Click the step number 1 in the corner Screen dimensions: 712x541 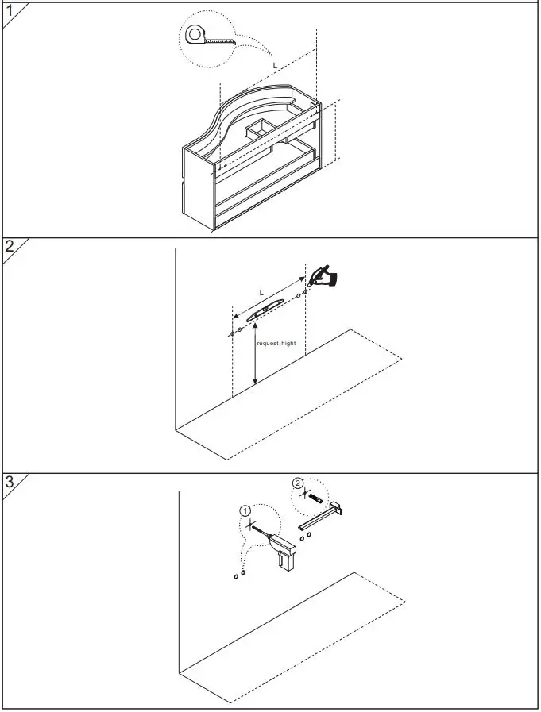[9, 10]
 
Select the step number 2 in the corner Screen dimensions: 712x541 [10, 246]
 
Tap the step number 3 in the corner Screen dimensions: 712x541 [9, 481]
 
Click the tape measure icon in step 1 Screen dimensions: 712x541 [197, 35]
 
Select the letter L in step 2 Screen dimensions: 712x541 [261, 293]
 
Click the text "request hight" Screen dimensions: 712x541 [277, 344]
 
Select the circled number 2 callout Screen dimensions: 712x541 [297, 483]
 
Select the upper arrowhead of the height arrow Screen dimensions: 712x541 [254, 333]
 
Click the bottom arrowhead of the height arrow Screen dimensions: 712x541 [254, 383]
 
